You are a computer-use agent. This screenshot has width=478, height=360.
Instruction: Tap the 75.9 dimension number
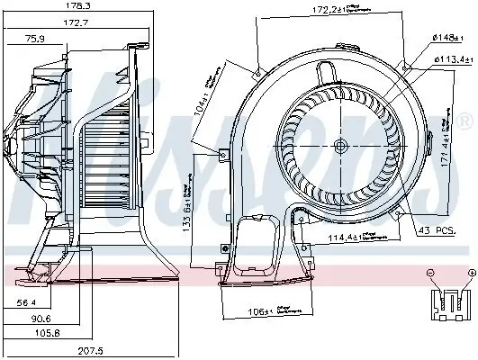pyautogui.click(x=35, y=39)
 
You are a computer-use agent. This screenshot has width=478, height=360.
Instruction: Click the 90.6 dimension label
pyautogui.click(x=42, y=319)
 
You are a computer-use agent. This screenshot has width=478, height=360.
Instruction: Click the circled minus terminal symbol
pyautogui.click(x=429, y=272)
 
